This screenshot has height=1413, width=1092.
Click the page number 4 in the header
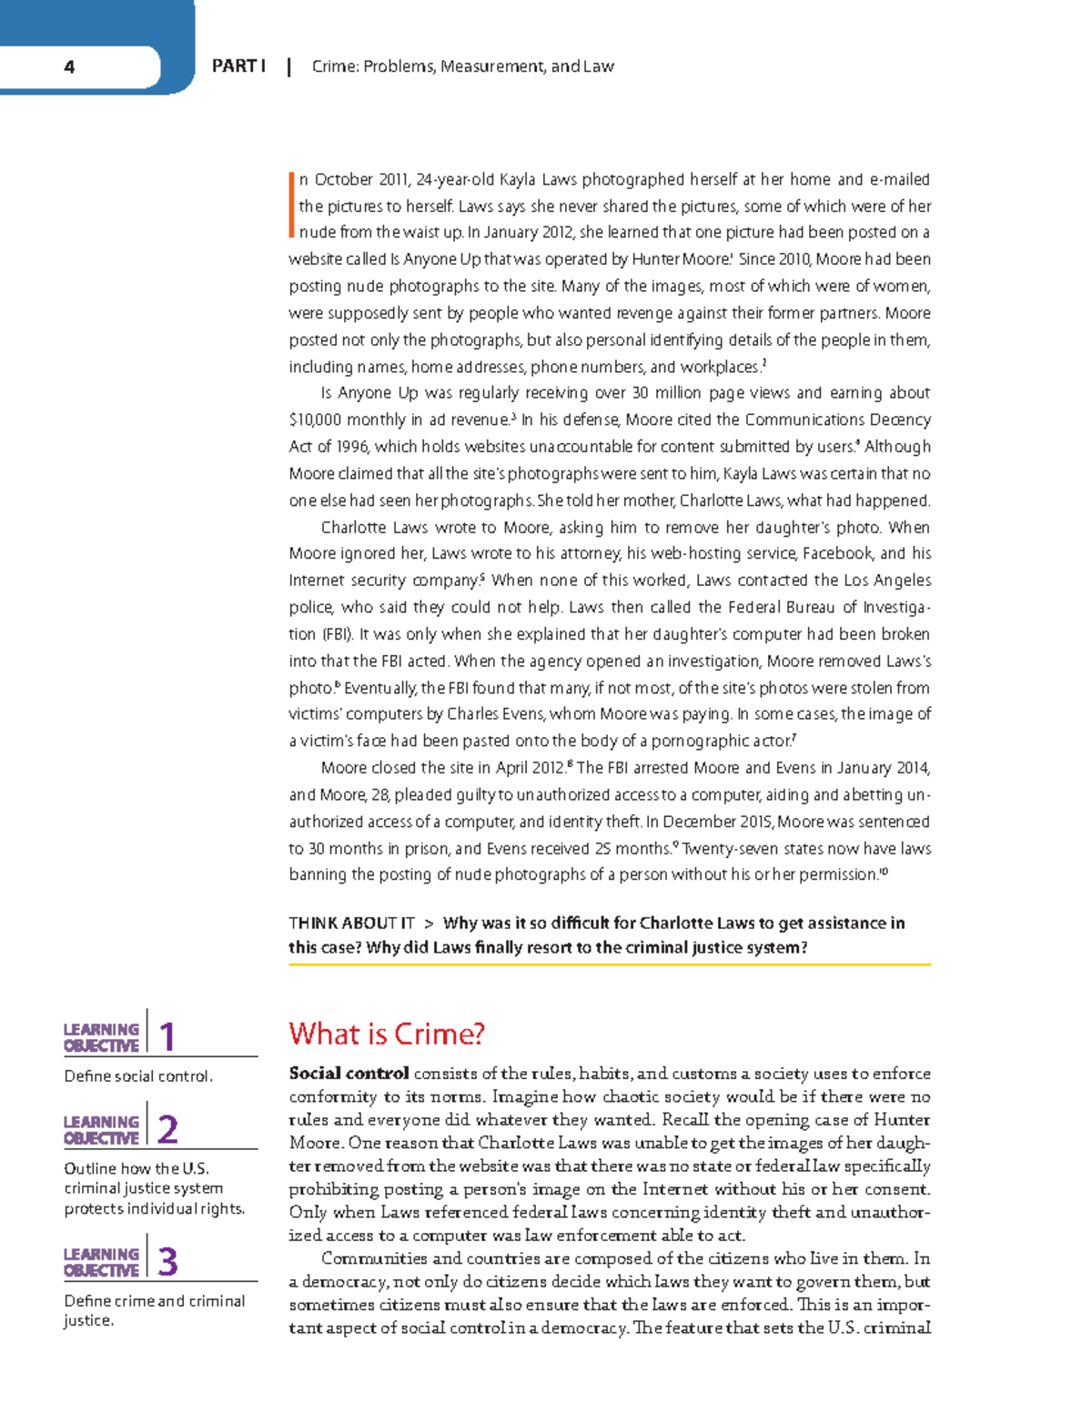tap(69, 66)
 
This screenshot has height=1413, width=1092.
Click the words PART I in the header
tap(238, 66)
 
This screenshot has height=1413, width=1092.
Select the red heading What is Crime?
tap(387, 1034)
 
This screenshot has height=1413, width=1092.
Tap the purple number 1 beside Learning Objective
tap(167, 1037)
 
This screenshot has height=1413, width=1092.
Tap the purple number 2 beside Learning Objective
tap(167, 1130)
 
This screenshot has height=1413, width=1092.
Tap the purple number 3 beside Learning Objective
tap(167, 1262)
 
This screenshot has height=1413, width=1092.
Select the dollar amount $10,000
tap(315, 420)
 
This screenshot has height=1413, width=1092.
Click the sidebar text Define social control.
tap(138, 1076)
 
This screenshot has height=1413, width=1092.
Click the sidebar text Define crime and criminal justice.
tap(154, 1310)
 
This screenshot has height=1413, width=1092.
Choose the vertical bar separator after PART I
tap(288, 66)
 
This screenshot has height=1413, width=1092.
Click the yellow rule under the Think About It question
tap(610, 964)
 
